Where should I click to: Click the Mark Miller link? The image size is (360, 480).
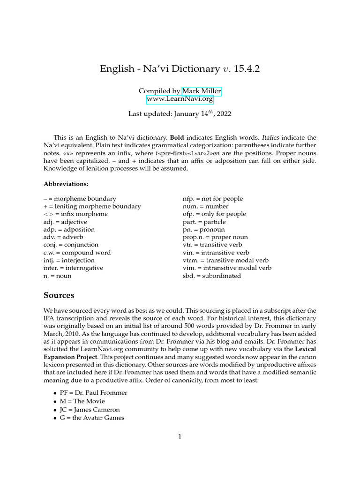(x=202, y=91)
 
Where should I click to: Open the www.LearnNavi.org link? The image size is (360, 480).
(x=180, y=99)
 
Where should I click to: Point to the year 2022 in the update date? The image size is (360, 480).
(x=223, y=113)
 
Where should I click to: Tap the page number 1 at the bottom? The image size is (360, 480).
(x=180, y=436)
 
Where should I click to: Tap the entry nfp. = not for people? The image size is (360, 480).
(x=212, y=199)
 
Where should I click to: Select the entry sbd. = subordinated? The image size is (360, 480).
(x=211, y=276)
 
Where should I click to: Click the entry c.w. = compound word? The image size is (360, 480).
(x=77, y=253)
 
